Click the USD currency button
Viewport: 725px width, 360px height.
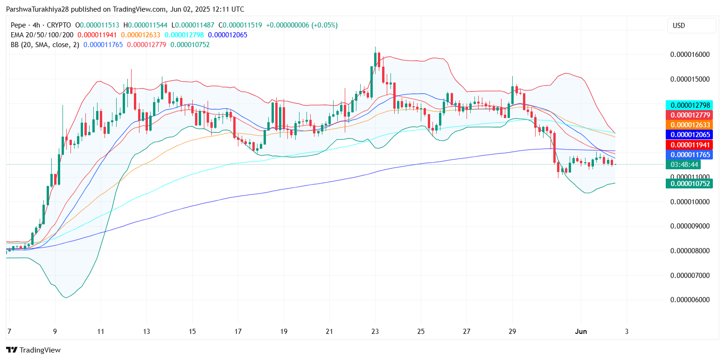point(691,26)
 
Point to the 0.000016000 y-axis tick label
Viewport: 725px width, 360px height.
point(690,54)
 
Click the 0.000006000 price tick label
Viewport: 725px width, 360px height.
point(690,300)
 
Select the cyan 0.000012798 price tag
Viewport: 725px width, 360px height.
point(690,105)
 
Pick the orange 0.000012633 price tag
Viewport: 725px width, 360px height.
point(690,125)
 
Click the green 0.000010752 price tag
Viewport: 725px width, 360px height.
point(690,184)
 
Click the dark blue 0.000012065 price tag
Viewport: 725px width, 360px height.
point(690,135)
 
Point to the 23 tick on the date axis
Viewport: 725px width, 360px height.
point(375,332)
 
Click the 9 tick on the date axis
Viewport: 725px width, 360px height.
point(55,332)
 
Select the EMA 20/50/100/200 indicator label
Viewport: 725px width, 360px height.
point(42,35)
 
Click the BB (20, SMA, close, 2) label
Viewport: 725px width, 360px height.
point(45,45)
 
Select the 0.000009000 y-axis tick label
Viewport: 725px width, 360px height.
point(690,226)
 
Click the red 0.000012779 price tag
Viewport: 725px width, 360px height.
point(690,115)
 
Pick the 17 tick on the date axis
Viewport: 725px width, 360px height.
point(238,332)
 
